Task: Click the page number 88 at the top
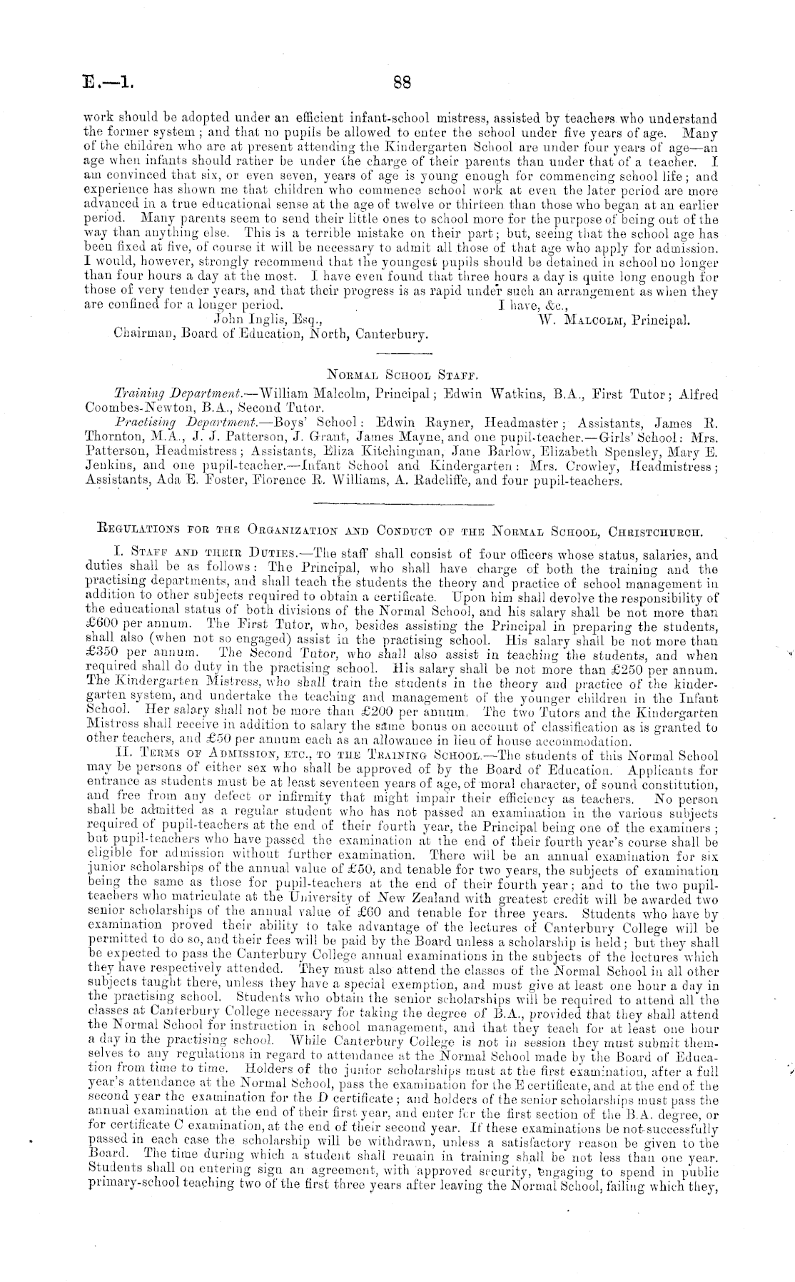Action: click(x=402, y=82)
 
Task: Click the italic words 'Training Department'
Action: click(x=178, y=394)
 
